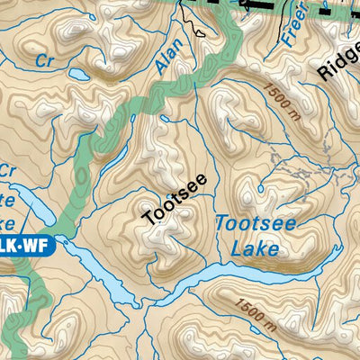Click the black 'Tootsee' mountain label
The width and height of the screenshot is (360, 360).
click(175, 198)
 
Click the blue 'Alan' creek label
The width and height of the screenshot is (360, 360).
click(168, 56)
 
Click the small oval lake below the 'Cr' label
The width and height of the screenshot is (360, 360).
click(74, 74)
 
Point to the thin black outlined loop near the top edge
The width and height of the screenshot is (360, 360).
click(194, 18)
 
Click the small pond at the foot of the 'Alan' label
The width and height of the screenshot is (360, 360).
click(164, 117)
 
